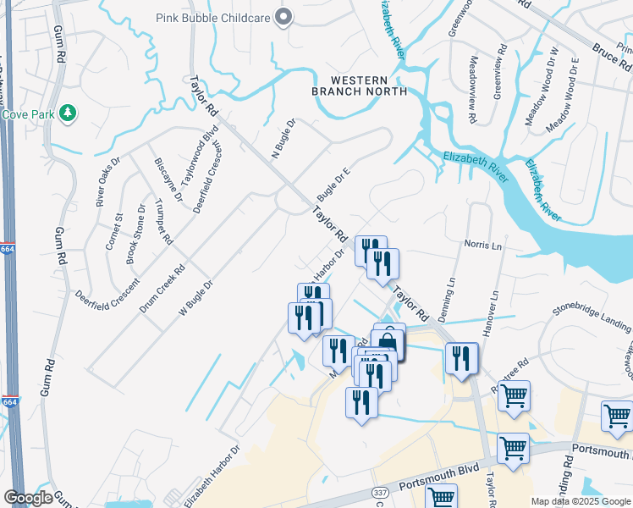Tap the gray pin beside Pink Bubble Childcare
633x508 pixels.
pos(284,17)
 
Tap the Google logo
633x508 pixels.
pos(28,498)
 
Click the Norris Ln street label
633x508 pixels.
pos(483,244)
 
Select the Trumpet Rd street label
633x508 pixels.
pos(164,222)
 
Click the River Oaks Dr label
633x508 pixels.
pos(108,181)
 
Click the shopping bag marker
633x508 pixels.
pos(388,341)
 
